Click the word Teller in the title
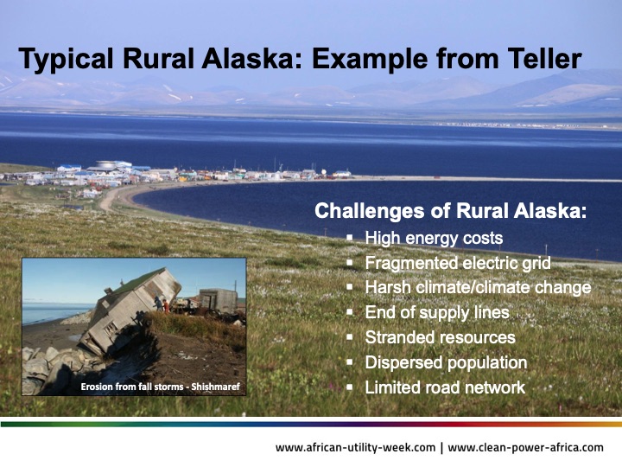(x=541, y=59)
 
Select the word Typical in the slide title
(x=59, y=59)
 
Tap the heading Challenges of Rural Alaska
(x=450, y=210)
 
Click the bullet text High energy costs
(x=434, y=238)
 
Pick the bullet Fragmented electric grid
(x=457, y=263)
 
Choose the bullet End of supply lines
(x=437, y=312)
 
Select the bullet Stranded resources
(x=440, y=337)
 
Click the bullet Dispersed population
(x=446, y=362)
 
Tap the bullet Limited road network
(x=445, y=387)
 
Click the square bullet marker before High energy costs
(x=350, y=238)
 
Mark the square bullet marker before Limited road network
(x=350, y=387)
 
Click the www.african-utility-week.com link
(x=354, y=447)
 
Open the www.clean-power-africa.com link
(x=526, y=447)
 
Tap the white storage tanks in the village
(x=109, y=165)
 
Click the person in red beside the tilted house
(x=165, y=305)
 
